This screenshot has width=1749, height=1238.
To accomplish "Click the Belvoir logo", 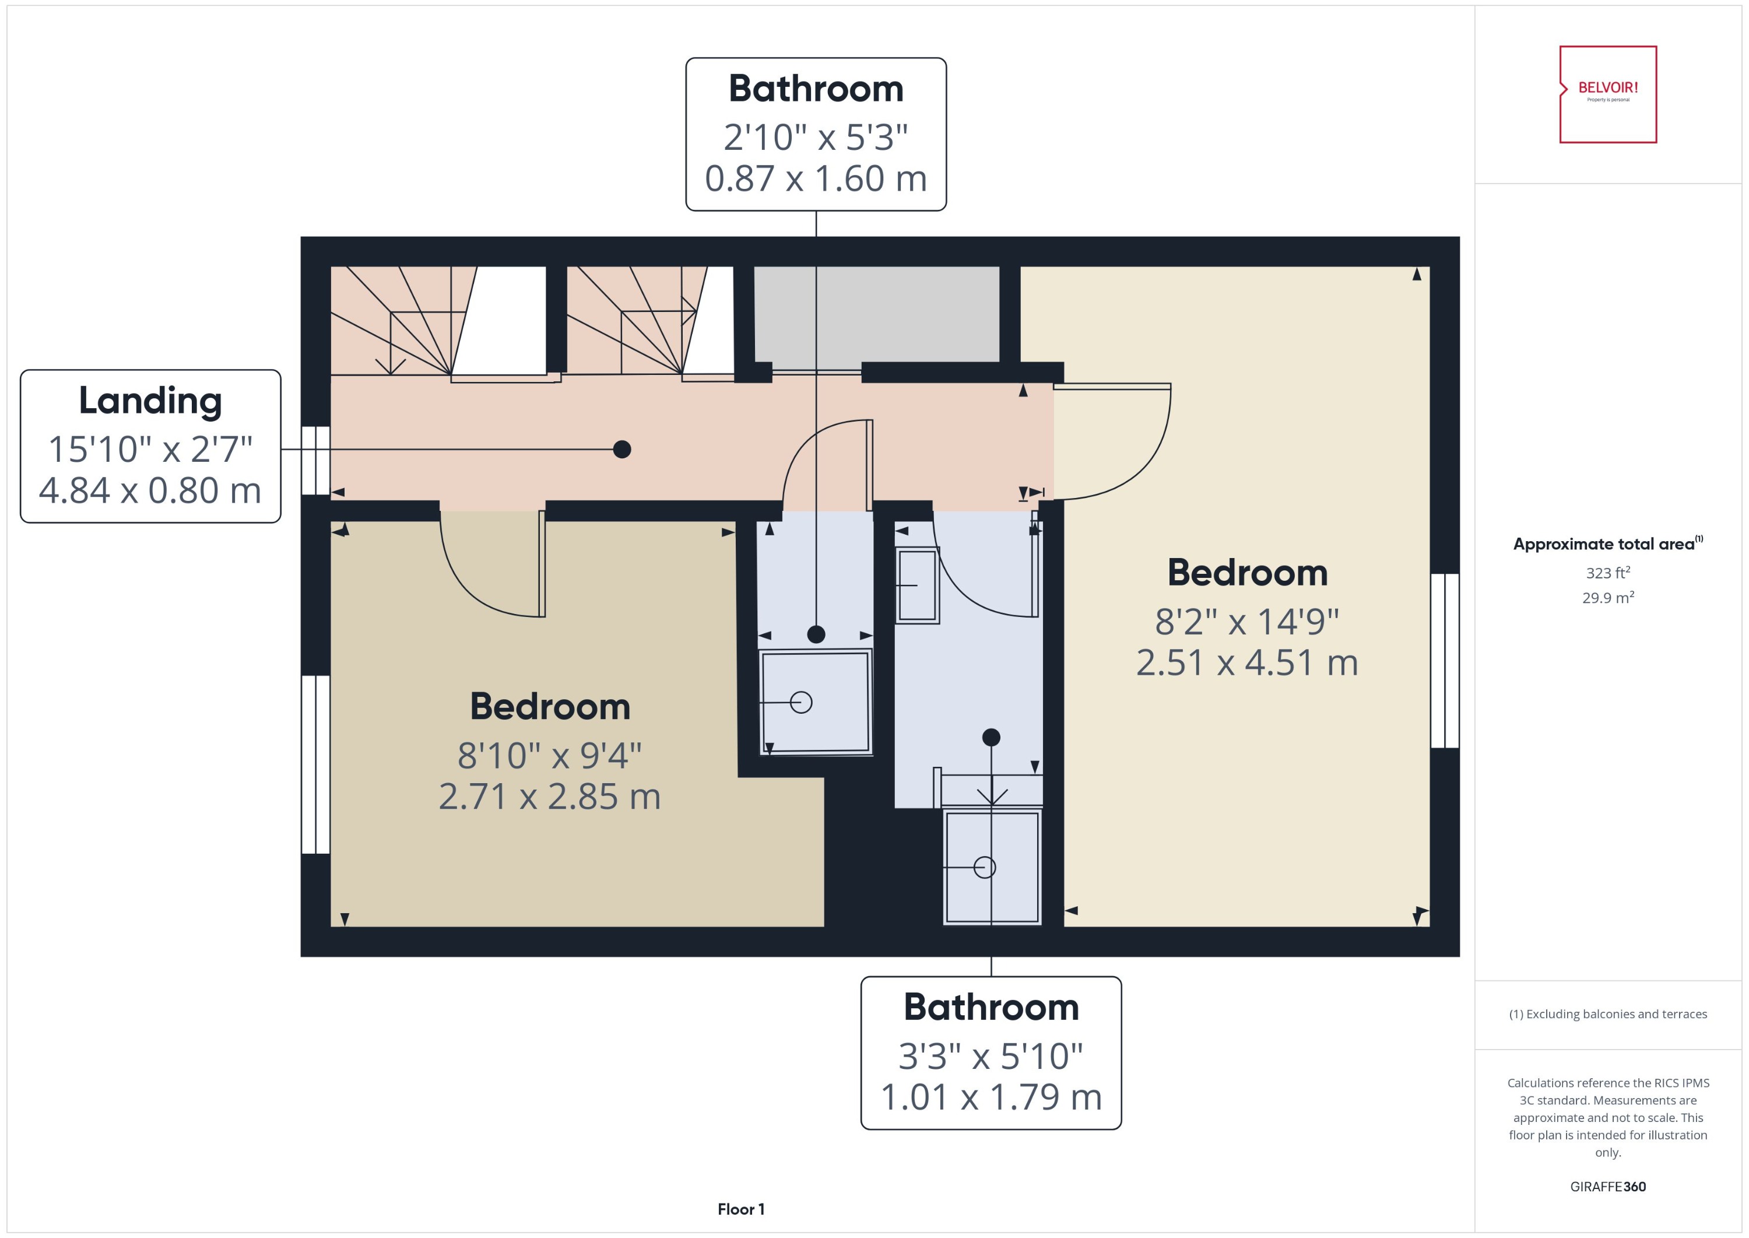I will [x=1607, y=94].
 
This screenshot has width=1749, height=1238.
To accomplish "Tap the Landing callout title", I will [x=150, y=401].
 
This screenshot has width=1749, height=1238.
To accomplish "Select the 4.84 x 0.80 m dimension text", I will [x=150, y=490].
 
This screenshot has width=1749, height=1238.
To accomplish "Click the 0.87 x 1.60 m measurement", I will [x=816, y=178].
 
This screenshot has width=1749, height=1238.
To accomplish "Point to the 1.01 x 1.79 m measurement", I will [x=991, y=1097].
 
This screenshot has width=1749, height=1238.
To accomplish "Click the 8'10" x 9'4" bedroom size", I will [x=549, y=756].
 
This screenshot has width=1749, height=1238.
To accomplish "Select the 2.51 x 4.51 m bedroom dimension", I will [x=1247, y=662].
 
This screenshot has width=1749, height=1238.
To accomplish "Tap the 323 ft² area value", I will [x=1607, y=573].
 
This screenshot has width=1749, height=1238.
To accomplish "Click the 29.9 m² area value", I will [x=1607, y=598].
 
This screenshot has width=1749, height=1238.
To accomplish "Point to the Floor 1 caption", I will [x=741, y=1209].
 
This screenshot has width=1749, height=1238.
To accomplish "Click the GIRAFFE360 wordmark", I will [x=1607, y=1187].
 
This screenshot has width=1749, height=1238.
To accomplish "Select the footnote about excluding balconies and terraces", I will [x=1607, y=1014].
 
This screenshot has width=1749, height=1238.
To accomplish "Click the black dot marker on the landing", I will [x=622, y=450].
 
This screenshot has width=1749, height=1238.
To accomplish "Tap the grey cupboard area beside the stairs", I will [x=876, y=314].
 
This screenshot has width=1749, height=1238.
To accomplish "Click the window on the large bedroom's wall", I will [x=1444, y=661].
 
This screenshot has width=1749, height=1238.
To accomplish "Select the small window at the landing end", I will [x=315, y=461].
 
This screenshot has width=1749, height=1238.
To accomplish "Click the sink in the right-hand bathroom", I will [x=917, y=585].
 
